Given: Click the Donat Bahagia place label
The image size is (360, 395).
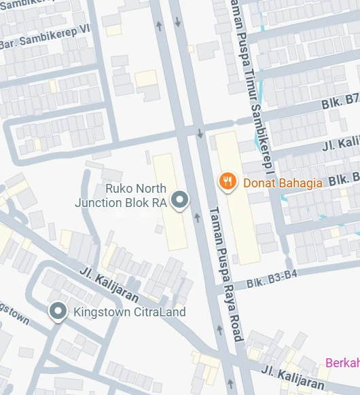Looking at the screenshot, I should [x=282, y=182].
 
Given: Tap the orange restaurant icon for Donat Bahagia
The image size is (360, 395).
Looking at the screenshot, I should [x=227, y=181].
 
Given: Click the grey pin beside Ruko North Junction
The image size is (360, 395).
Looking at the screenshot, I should [x=180, y=200].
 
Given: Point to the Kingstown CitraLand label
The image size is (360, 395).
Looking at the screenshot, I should [x=129, y=312].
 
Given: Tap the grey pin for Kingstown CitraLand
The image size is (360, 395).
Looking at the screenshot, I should [x=58, y=312].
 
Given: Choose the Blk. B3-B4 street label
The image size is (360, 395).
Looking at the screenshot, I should [x=272, y=278].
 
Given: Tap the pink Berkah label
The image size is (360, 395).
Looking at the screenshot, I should [x=342, y=362].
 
